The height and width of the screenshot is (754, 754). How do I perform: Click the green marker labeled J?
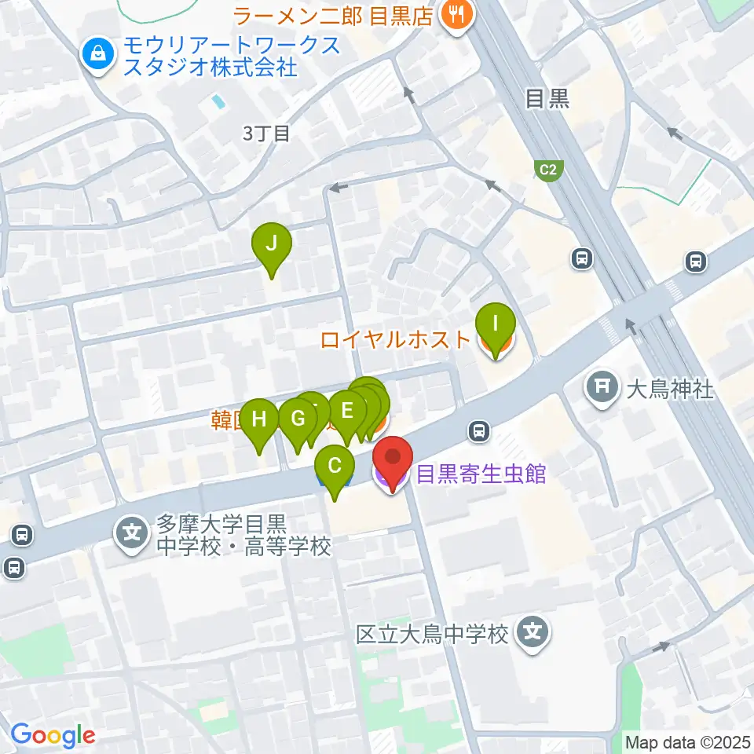click(x=271, y=243)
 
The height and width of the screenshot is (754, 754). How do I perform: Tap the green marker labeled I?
click(x=496, y=324)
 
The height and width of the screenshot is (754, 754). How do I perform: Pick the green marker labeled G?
click(x=297, y=418)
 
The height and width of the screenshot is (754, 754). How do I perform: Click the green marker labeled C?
click(x=335, y=466)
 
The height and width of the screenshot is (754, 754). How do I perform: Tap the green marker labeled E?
click(x=347, y=409)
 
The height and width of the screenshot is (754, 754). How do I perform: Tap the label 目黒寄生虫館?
click(x=481, y=474)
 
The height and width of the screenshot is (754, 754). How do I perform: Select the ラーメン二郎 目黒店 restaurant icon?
click(x=455, y=13)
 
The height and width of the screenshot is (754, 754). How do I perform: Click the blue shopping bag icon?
click(x=98, y=54)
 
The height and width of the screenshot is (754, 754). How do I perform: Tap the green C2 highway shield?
click(x=547, y=169)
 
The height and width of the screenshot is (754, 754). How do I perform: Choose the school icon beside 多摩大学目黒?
click(x=132, y=535)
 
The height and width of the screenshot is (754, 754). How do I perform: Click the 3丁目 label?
click(x=266, y=134)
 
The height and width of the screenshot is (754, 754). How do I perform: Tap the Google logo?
click(x=53, y=735)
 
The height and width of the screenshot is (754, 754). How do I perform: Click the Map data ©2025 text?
click(x=687, y=741)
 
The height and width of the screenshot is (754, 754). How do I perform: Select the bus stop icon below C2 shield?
click(x=582, y=258)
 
